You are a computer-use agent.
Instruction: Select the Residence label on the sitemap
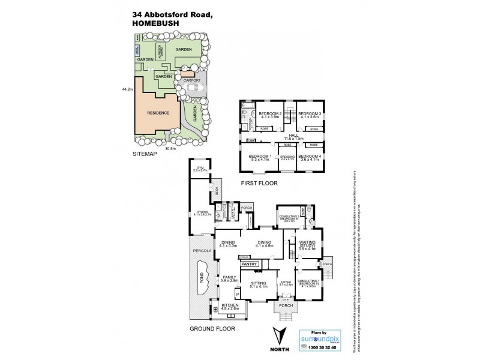point(158,113)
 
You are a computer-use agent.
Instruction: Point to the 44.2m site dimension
point(126,89)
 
